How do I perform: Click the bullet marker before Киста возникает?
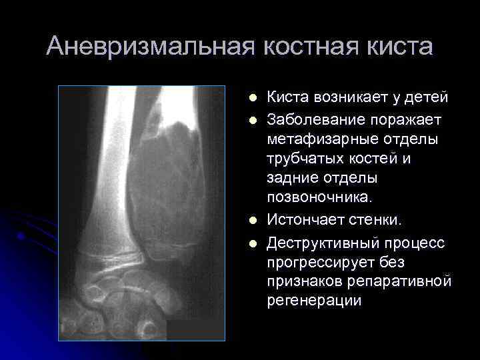[252, 98]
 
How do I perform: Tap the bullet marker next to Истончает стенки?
[252, 219]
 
